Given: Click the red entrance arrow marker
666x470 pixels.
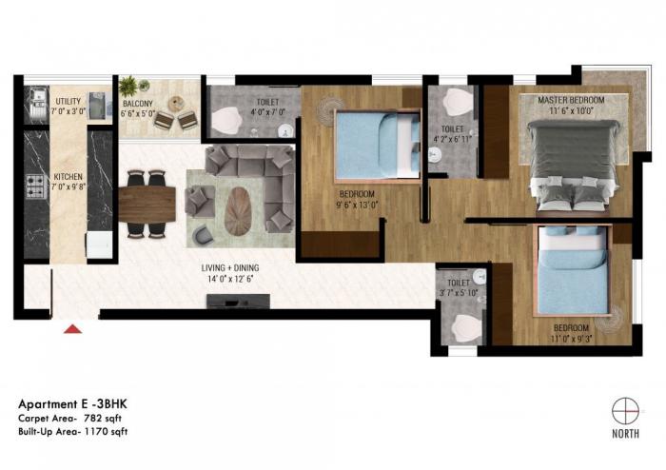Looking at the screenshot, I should click(70, 329).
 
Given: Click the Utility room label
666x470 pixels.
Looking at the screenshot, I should click(69, 100).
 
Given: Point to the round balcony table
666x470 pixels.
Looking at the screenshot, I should click(176, 104).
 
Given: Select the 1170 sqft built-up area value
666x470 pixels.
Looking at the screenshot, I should click(107, 431).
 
